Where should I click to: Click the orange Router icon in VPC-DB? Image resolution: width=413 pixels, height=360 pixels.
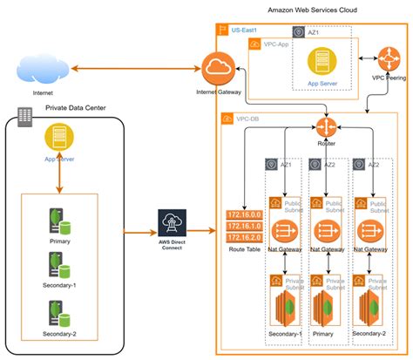coord(327,132)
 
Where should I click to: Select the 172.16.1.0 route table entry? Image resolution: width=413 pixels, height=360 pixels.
coord(245,225)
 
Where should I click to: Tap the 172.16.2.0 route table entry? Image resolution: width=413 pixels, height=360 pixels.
coord(245,236)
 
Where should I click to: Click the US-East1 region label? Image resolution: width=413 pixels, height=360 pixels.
coord(249,29)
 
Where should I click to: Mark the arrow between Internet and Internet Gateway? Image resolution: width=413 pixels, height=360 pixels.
coord(135,68)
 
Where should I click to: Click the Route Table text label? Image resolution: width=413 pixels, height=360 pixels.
coord(245,249)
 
